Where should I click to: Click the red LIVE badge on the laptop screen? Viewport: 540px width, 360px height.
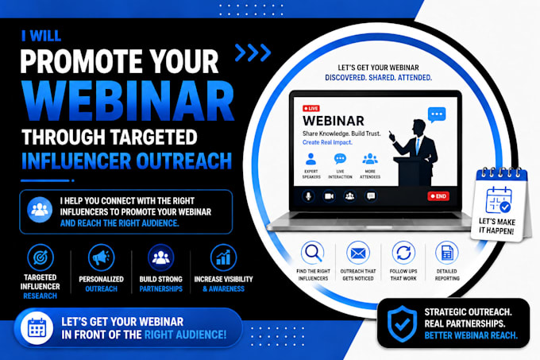pyautogui.click(x=311, y=108)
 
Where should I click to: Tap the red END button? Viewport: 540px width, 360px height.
pyautogui.click(x=438, y=196)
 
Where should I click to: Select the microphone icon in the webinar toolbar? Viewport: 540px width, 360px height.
pyautogui.click(x=308, y=196)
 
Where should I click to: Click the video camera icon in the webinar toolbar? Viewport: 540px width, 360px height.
pyautogui.click(x=329, y=196)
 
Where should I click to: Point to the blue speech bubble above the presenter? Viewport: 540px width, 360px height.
pyautogui.click(x=437, y=114)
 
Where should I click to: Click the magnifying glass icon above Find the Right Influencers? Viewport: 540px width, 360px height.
pyautogui.click(x=313, y=253)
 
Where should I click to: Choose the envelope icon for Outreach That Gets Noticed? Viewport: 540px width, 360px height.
pyautogui.click(x=358, y=254)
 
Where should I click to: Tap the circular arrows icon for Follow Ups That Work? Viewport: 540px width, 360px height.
pyautogui.click(x=403, y=254)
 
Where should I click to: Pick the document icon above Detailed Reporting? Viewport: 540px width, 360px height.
pyautogui.click(x=446, y=254)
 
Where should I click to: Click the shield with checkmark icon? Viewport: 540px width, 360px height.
pyautogui.click(x=402, y=323)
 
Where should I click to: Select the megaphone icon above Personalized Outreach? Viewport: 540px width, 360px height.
pyautogui.click(x=101, y=257)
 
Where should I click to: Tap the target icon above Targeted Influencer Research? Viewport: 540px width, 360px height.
pyautogui.click(x=40, y=257)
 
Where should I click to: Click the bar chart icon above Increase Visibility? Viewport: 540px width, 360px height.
pyautogui.click(x=223, y=257)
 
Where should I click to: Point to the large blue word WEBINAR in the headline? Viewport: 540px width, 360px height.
pyautogui.click(x=128, y=101)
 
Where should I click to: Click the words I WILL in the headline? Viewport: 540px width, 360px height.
pyautogui.click(x=41, y=36)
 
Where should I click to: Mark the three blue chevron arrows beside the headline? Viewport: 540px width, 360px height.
pyautogui.click(x=253, y=52)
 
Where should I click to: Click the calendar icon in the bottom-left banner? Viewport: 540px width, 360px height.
pyautogui.click(x=37, y=328)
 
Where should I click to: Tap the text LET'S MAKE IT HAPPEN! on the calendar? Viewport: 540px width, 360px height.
pyautogui.click(x=496, y=226)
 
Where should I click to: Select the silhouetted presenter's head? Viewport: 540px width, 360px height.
pyautogui.click(x=419, y=127)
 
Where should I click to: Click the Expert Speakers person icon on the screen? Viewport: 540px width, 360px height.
pyautogui.click(x=311, y=159)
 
